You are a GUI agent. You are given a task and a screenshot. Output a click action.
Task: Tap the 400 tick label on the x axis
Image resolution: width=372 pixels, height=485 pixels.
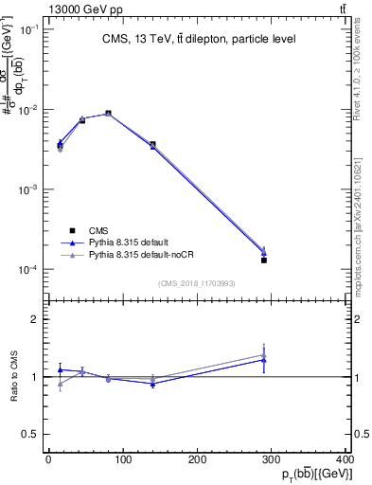[346, 459]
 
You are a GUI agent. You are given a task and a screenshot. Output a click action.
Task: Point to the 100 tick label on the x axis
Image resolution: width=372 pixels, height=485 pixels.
[123, 459]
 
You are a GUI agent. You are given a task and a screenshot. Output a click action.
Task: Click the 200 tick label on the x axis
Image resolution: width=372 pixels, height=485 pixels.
[198, 459]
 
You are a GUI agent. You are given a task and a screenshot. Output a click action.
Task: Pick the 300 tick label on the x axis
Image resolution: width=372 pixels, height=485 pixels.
[273, 459]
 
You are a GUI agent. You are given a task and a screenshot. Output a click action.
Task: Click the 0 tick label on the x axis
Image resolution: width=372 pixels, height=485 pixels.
[48, 459]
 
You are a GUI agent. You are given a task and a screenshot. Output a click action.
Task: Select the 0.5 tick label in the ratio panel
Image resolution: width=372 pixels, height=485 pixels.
[32, 434]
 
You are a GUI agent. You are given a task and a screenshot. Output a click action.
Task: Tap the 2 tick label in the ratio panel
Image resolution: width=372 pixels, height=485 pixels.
[35, 319]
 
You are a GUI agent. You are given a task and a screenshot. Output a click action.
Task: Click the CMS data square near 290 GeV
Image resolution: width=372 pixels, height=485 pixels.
[264, 260]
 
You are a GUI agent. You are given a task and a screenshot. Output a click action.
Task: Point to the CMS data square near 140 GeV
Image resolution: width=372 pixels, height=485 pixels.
[152, 144]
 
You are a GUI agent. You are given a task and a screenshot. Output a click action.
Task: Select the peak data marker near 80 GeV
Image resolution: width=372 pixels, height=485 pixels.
[108, 114]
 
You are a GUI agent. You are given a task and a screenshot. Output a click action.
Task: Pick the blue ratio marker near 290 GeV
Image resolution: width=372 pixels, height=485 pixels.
[264, 360]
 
